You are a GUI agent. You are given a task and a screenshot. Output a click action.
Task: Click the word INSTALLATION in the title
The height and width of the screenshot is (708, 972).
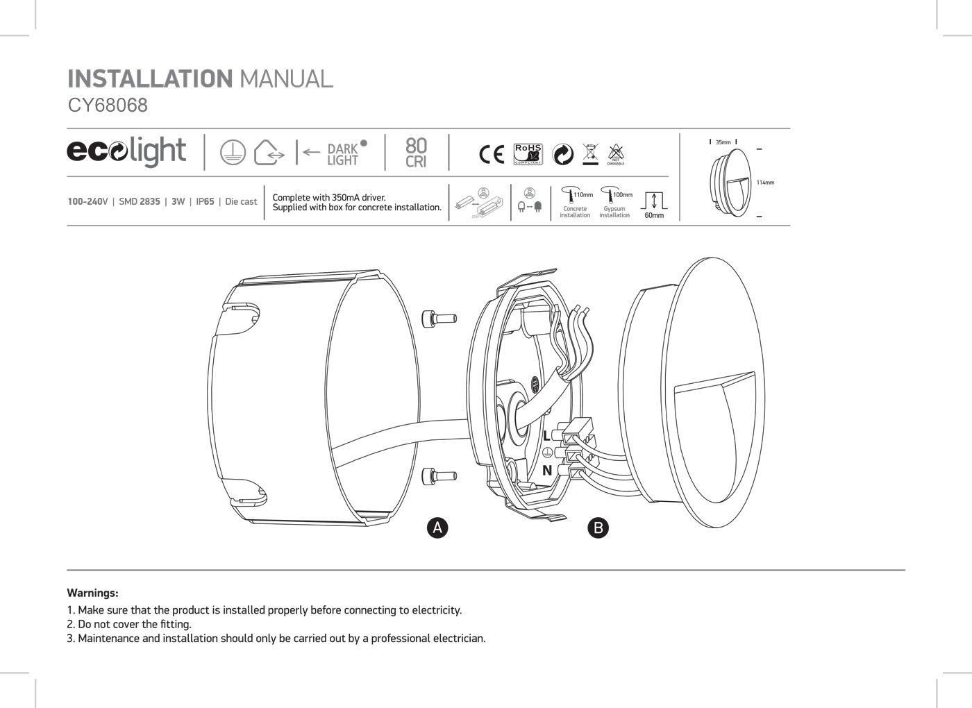(149, 78)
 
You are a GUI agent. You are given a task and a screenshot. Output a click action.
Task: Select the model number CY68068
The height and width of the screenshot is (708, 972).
(108, 106)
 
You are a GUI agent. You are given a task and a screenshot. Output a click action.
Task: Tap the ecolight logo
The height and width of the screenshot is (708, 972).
(126, 151)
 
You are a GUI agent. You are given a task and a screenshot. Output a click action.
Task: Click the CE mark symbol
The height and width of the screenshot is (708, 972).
(492, 154)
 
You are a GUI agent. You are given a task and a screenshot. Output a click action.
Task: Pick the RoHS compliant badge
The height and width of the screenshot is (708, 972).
(528, 154)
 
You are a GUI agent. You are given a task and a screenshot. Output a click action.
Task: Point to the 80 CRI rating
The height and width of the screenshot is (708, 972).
(416, 153)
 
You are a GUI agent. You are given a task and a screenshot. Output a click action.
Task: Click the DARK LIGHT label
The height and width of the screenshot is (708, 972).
(343, 154)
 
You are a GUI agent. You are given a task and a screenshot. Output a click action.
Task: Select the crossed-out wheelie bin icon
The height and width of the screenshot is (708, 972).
(589, 153)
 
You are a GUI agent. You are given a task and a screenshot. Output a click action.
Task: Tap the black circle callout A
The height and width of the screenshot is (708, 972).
(437, 528)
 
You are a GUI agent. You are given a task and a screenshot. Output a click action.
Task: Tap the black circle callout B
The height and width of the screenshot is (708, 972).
(598, 528)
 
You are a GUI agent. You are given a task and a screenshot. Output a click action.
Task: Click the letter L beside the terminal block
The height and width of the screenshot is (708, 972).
(547, 436)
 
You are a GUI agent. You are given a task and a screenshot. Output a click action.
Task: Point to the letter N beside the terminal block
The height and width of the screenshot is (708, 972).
(547, 471)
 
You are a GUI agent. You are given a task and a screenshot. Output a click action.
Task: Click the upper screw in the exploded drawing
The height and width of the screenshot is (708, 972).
(439, 319)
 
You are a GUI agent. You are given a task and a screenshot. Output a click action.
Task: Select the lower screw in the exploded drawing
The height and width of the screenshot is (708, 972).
(439, 476)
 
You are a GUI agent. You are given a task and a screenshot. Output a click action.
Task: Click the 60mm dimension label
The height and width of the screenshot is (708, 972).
(654, 215)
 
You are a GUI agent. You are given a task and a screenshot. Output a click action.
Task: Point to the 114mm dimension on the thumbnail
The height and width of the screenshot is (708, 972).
(765, 183)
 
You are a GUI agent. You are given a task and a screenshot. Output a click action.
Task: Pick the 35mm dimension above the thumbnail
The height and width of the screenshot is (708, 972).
(723, 142)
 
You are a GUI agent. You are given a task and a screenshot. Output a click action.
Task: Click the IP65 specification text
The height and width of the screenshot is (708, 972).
(205, 202)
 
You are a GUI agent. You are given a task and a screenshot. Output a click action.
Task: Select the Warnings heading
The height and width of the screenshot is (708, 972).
(92, 593)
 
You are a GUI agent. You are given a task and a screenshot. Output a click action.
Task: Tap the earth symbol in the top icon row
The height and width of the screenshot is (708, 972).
(233, 153)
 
